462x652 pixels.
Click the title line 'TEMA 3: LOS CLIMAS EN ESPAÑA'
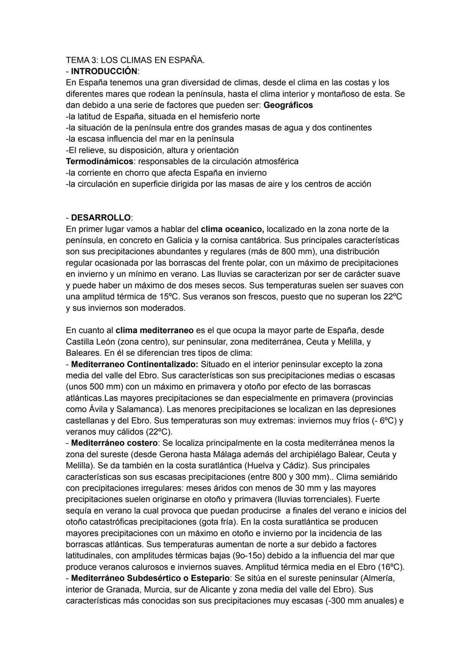click(x=135, y=60)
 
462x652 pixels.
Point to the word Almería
click(x=379, y=578)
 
